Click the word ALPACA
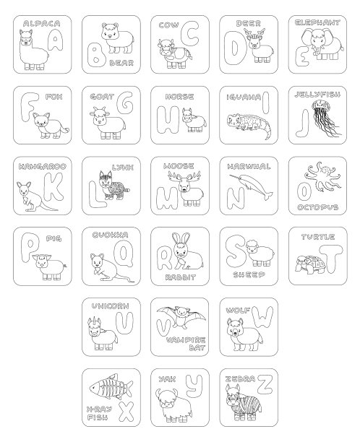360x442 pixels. click(x=42, y=23)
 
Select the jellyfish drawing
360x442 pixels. click(x=325, y=118)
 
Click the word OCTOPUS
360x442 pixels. click(x=317, y=207)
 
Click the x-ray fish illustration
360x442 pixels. click(x=111, y=386)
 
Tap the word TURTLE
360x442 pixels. click(x=318, y=237)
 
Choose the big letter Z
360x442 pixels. click(x=265, y=384)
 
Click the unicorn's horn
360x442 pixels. click(x=91, y=321)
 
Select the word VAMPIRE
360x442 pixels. click(x=186, y=340)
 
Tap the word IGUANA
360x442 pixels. click(x=244, y=97)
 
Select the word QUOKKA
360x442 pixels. click(x=111, y=235)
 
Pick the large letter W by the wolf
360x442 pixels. click(x=262, y=317)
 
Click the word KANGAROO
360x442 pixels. click(x=43, y=166)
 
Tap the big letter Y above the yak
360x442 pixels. click(x=194, y=384)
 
